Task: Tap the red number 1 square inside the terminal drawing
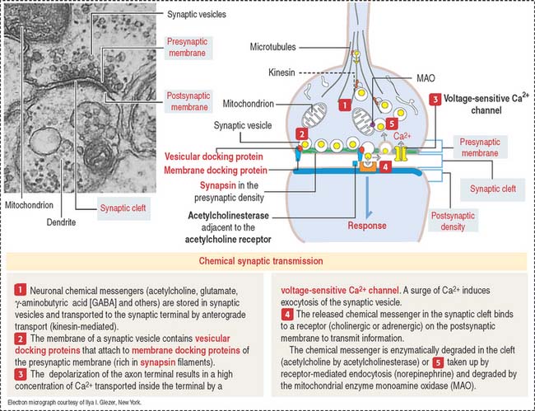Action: coord(323,106)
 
